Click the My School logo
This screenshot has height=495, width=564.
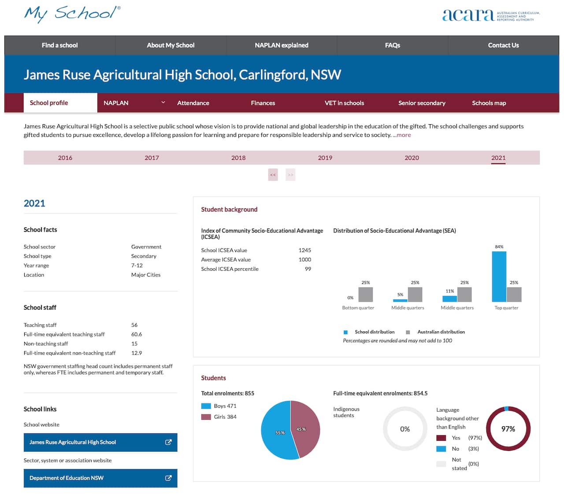pos(72,14)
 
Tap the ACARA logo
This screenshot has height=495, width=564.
pos(490,15)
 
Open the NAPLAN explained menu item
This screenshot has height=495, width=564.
pos(282,45)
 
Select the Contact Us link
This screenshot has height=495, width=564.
pos(503,45)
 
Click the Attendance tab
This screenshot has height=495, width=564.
pos(193,103)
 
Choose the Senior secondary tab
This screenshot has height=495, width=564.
pos(422,103)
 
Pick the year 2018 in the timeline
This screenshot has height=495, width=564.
pos(238,158)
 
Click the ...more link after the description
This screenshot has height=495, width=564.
pos(402,135)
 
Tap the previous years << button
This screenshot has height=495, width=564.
pos(273,175)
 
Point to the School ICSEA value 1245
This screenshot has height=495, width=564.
pos(304,250)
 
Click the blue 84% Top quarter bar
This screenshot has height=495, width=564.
pos(499,277)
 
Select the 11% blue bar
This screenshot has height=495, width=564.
pos(449,299)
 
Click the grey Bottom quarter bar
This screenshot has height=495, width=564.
pos(365,295)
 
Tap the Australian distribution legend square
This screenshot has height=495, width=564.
pos(408,332)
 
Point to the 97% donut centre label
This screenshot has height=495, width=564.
pos(508,429)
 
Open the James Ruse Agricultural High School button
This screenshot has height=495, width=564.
pos(100,443)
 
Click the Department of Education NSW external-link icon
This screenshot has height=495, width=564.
pos(168,478)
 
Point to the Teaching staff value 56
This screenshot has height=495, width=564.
pos(134,325)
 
